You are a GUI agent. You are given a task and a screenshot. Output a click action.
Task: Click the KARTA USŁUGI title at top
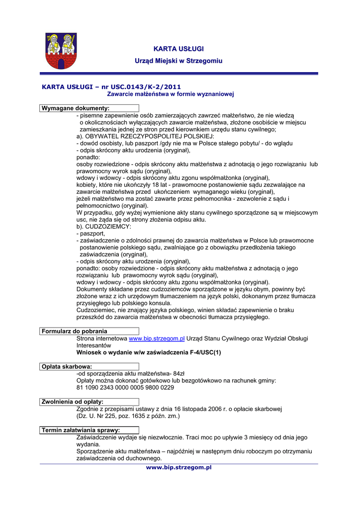179,49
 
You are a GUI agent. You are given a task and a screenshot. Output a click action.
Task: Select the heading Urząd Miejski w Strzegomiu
179,61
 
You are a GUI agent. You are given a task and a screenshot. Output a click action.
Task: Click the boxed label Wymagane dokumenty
75,108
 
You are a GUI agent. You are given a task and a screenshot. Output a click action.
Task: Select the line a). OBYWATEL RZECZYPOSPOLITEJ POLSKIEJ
145,136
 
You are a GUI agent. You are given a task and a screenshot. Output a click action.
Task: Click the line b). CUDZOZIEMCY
97,226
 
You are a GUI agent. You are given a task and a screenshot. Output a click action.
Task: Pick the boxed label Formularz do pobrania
74,331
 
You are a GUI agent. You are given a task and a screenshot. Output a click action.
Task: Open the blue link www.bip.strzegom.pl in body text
157,339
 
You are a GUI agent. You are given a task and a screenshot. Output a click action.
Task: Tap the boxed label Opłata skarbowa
67,366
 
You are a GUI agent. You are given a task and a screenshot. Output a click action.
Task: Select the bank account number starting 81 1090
125,387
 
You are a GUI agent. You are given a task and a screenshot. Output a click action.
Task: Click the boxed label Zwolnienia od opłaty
73,401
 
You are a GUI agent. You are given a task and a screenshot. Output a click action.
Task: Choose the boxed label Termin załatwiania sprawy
81,430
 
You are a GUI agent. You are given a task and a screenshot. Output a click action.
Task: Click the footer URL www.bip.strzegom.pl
179,467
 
